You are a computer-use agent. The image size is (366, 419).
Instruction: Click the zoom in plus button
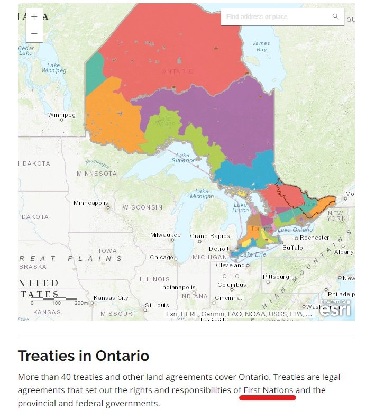coord(34,16)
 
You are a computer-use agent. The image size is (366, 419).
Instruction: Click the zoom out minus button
coord(34,33)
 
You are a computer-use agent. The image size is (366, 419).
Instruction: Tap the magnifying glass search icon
coord(335,17)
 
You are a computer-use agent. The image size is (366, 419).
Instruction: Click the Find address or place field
coord(273,17)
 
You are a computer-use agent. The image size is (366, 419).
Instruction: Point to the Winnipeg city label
coord(62,115)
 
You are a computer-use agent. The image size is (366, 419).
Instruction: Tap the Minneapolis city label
coord(90,203)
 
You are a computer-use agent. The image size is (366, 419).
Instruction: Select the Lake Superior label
coord(182,158)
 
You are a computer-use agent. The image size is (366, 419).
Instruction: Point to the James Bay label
coord(261,47)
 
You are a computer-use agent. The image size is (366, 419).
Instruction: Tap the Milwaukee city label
coord(165,235)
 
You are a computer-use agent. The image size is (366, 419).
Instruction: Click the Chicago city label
coord(161,257)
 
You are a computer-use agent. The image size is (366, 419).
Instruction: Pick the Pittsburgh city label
coord(278,277)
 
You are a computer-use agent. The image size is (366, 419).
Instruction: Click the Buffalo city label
coord(292,248)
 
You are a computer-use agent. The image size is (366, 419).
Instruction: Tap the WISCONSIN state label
coord(142,207)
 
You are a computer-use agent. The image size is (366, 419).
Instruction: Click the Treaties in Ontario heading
coord(83,356)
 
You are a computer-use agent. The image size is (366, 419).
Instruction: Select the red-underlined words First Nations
coord(268,390)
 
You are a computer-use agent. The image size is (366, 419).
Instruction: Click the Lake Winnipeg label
coord(54,67)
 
